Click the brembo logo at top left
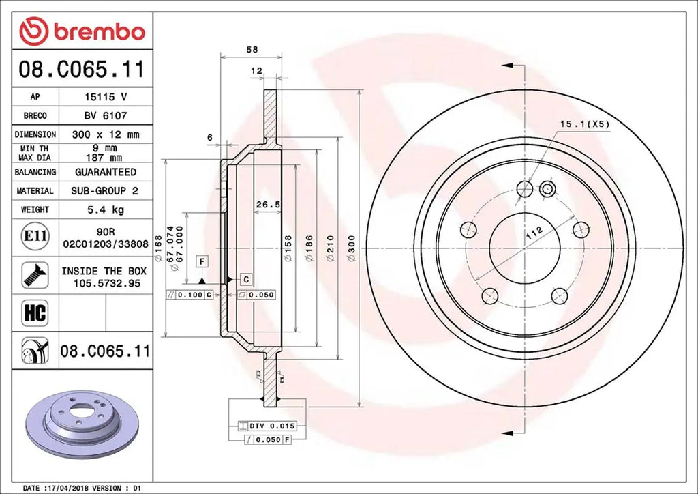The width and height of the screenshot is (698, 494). pyautogui.click(x=82, y=31)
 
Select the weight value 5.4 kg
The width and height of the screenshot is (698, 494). pyautogui.click(x=105, y=209)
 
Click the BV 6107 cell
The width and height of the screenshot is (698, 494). pyautogui.click(x=105, y=116)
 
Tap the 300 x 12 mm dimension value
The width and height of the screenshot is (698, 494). pyautogui.click(x=105, y=134)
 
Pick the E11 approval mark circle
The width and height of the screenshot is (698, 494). pyautogui.click(x=35, y=237)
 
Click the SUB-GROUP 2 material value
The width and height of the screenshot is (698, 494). pyautogui.click(x=105, y=191)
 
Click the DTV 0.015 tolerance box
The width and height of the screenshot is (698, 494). pyautogui.click(x=268, y=426)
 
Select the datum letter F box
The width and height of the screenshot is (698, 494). pyautogui.click(x=202, y=261)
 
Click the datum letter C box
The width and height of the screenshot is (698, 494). pyautogui.click(x=245, y=279)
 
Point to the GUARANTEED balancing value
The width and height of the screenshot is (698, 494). pyautogui.click(x=105, y=172)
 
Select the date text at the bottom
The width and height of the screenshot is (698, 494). pyautogui.click(x=82, y=489)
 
